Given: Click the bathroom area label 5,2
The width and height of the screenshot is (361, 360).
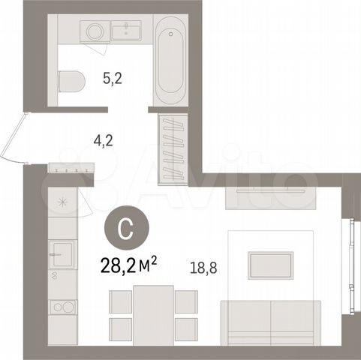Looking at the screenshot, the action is coord(113,79).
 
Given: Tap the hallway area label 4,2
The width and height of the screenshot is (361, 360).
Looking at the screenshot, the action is coord(103,141).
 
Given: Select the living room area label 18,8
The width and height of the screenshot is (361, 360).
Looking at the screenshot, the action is coord(203,268).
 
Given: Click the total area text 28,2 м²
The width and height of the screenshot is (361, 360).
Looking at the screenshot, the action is coord(128,265).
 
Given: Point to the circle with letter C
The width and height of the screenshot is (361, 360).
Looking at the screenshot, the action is coord(127,228).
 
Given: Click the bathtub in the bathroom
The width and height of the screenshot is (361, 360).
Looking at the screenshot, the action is coord(170,60).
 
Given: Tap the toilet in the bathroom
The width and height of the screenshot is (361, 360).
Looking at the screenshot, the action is coord(71,81).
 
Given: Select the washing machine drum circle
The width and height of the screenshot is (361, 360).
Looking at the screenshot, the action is coord(95,31).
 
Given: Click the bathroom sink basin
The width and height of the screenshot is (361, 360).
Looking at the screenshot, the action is coord(126,31).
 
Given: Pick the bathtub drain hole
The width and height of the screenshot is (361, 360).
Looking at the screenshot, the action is coord(171,34).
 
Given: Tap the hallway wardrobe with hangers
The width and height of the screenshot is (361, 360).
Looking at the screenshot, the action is coord(173,149).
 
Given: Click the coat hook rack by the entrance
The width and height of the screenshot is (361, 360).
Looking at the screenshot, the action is coord(71,168).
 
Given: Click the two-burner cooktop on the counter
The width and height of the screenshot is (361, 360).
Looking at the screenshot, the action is coord(62,307).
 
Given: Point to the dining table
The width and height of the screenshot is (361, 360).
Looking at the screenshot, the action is coord(153,316).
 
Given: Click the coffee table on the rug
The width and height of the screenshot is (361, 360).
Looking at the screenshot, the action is coord(270,265).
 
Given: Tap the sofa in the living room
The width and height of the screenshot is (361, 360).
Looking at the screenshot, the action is coord(270,323).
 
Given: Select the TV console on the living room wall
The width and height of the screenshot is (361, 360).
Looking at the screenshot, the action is coord(271,198).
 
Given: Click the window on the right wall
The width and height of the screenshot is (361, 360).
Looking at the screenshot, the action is coord(351,265).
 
